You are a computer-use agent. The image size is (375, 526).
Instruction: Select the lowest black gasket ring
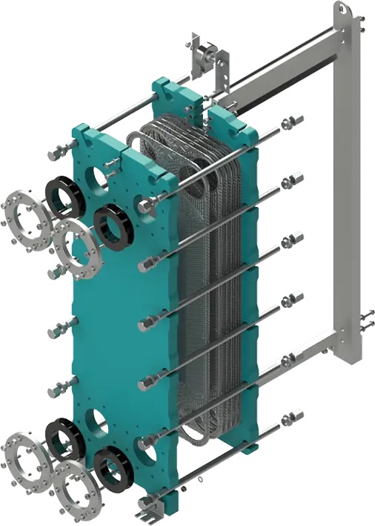point(113,470)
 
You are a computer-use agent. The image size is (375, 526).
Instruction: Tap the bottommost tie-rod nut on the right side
point(293,417)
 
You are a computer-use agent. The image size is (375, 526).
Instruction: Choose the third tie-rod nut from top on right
point(293,239)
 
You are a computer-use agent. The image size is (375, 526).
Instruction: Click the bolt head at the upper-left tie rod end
point(53,155)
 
